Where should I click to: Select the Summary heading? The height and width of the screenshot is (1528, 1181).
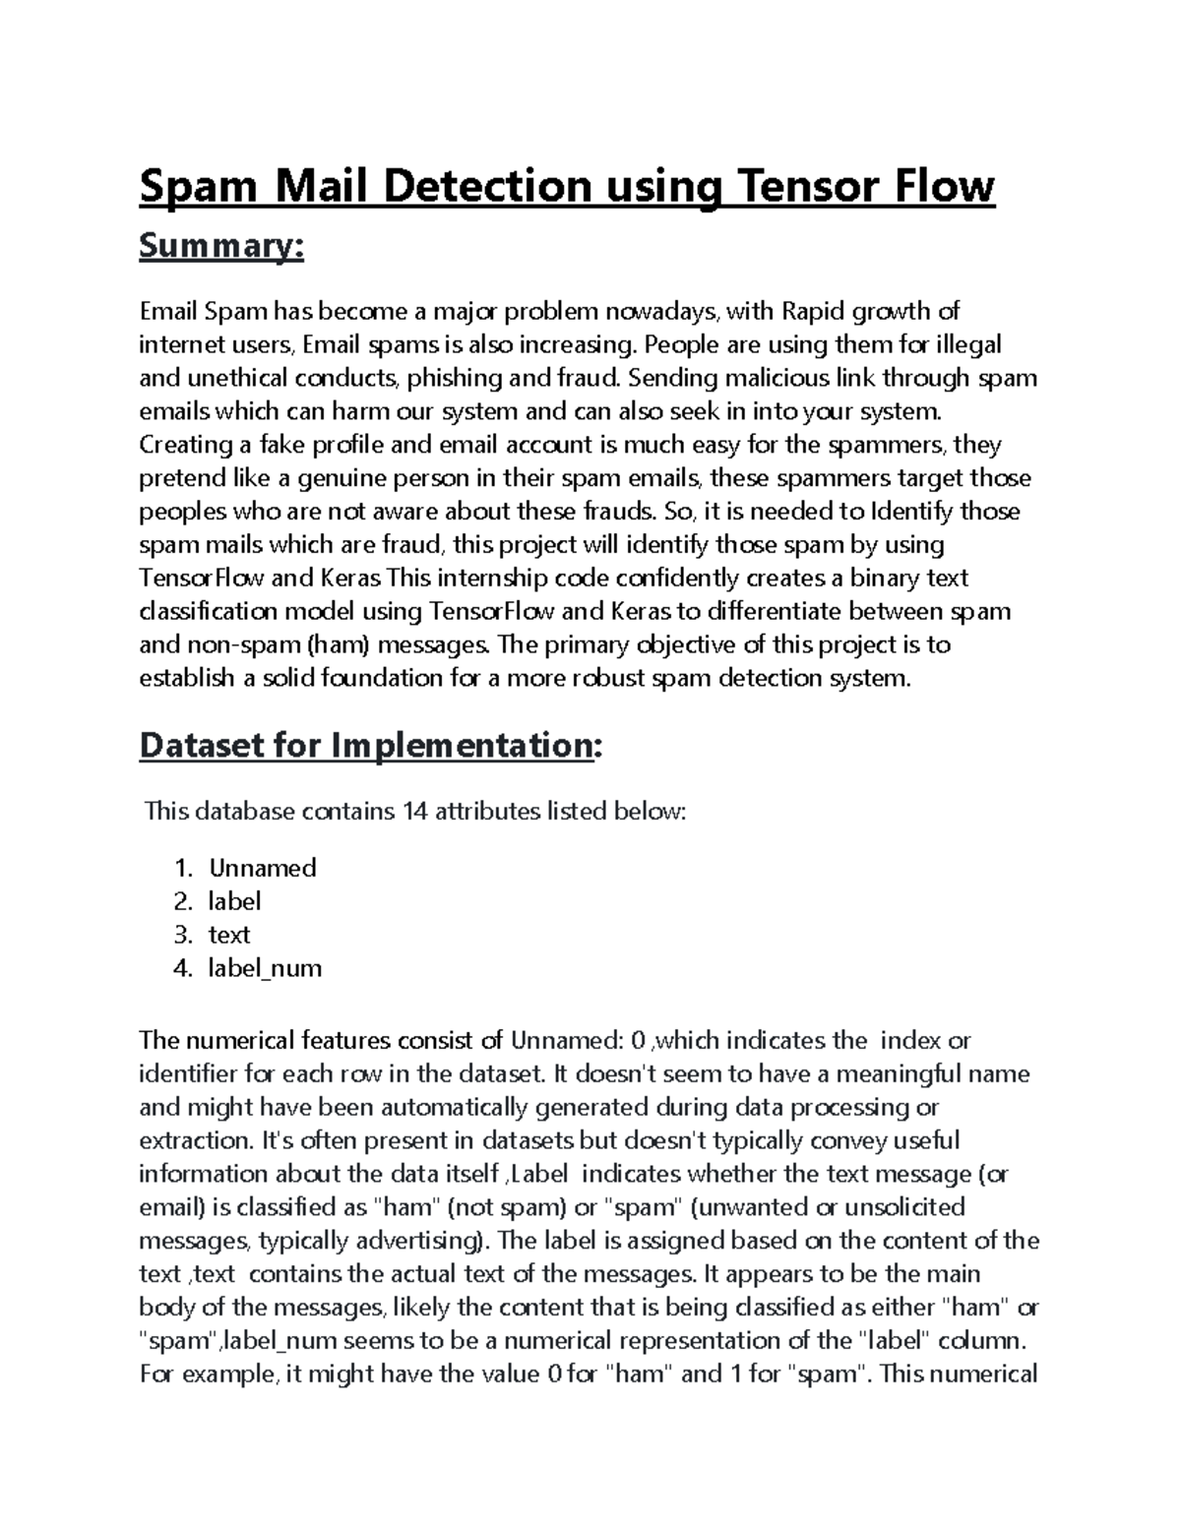[x=221, y=247]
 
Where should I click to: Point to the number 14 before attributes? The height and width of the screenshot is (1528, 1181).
[x=413, y=812]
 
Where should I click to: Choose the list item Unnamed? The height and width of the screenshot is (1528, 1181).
[x=262, y=868]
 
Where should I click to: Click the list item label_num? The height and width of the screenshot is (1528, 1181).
[x=264, y=968]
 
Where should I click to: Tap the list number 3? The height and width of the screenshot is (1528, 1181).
[x=182, y=935]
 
